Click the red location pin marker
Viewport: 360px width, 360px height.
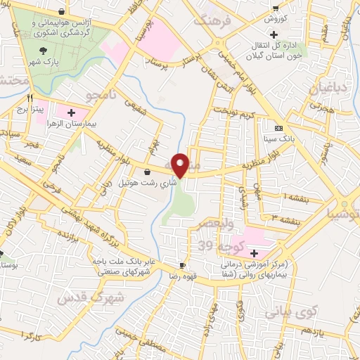[x=180, y=165]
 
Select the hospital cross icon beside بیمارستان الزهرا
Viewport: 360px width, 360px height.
[x=71, y=112]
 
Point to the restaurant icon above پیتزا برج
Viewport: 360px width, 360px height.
[x=30, y=98]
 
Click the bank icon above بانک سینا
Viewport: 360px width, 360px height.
[x=279, y=128]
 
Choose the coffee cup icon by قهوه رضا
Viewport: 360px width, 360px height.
[x=183, y=265]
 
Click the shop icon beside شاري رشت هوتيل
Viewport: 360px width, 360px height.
[x=147, y=172]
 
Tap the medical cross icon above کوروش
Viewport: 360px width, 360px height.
[x=274, y=11]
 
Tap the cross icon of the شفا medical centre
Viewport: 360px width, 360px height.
[x=254, y=252]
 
